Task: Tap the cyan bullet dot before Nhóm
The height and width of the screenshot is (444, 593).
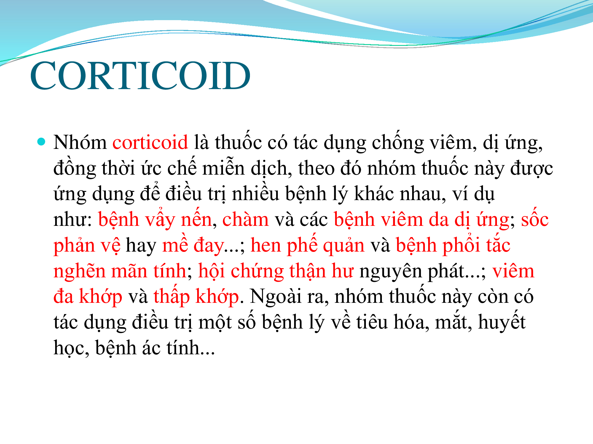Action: (42, 141)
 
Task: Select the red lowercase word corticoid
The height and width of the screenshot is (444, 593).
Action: (150, 142)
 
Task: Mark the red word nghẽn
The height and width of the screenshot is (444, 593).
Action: (79, 271)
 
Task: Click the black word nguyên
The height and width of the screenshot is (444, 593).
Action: (391, 271)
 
